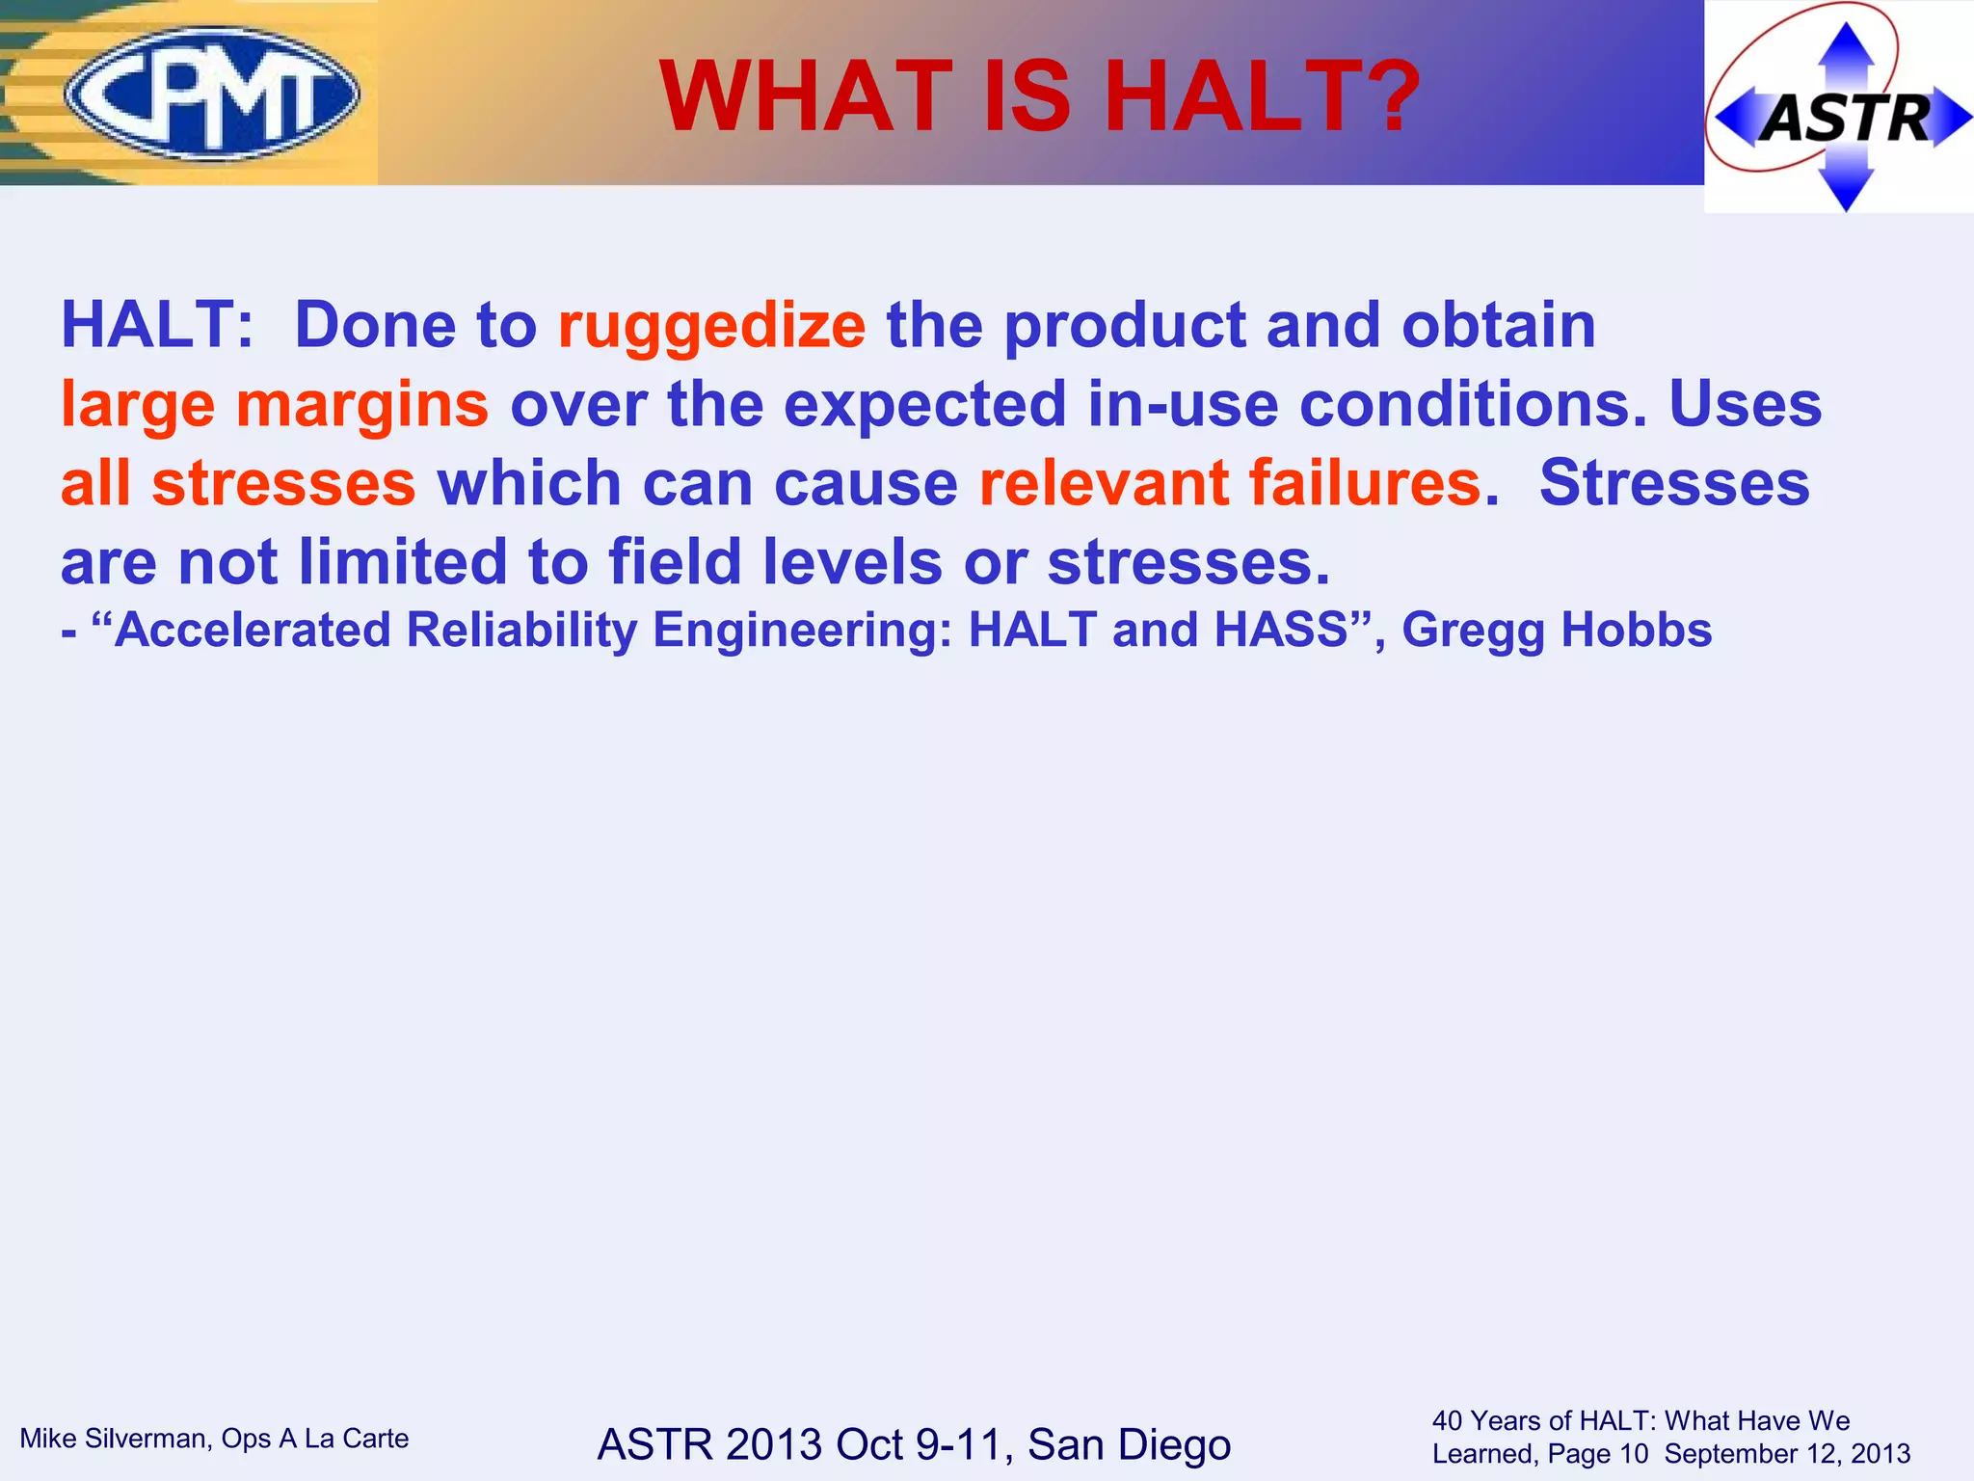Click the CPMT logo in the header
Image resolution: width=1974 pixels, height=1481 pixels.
(212, 94)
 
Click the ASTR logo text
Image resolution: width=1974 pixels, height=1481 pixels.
(1847, 119)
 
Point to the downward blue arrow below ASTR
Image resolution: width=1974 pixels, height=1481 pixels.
(1845, 188)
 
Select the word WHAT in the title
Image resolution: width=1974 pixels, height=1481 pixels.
(808, 96)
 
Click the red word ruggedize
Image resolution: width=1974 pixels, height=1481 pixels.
(711, 325)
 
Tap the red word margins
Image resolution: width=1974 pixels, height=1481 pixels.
(362, 404)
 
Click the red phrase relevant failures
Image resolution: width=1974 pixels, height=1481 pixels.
(1229, 482)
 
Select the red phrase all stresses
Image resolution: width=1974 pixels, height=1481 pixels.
(238, 483)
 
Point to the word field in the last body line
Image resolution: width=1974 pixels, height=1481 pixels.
(675, 562)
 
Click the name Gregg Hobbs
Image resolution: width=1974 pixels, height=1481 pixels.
(1556, 630)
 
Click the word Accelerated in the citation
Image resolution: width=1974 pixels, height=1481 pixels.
(253, 630)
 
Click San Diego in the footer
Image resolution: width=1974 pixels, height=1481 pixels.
(1129, 1444)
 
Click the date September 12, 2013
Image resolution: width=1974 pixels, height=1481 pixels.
(1787, 1454)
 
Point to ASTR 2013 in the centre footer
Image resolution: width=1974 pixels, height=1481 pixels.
(709, 1444)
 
